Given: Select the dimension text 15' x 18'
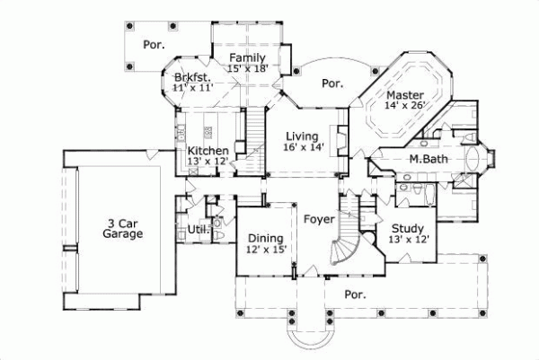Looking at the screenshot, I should click(249, 69).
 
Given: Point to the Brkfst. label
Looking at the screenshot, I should click(192, 78).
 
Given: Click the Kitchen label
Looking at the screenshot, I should click(208, 150).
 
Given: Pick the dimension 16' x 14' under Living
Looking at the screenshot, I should click(303, 147).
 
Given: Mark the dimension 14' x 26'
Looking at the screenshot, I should click(404, 105).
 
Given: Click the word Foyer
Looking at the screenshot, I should click(319, 219).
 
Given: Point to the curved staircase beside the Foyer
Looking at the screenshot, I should click(345, 244).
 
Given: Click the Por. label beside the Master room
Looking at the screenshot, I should click(332, 83).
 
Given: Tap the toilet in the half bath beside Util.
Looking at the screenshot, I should click(217, 222).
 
